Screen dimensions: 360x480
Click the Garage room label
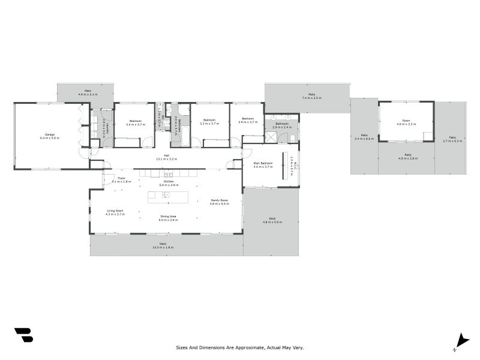pyautogui.click(x=49, y=134)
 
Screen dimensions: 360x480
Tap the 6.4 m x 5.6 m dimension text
pyautogui.click(x=49, y=138)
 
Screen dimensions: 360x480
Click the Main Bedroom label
pyautogui.click(x=263, y=163)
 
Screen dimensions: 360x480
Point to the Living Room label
pyautogui.click(x=115, y=211)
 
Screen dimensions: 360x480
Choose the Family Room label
pyautogui.click(x=219, y=200)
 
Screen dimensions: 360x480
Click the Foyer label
pyautogui.click(x=121, y=178)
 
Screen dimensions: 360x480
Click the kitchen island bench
pyautogui.click(x=168, y=197)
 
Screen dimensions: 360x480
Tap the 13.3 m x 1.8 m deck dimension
pyautogui.click(x=166, y=247)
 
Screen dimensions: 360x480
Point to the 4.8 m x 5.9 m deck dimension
pyautogui.click(x=272, y=222)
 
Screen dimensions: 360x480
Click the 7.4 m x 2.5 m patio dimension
pyautogui.click(x=312, y=98)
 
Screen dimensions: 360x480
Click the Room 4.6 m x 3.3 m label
pyautogui.click(x=406, y=122)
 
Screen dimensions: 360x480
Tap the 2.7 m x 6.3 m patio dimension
pyautogui.click(x=452, y=141)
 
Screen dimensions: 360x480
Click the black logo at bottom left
pyautogui.click(x=23, y=335)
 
